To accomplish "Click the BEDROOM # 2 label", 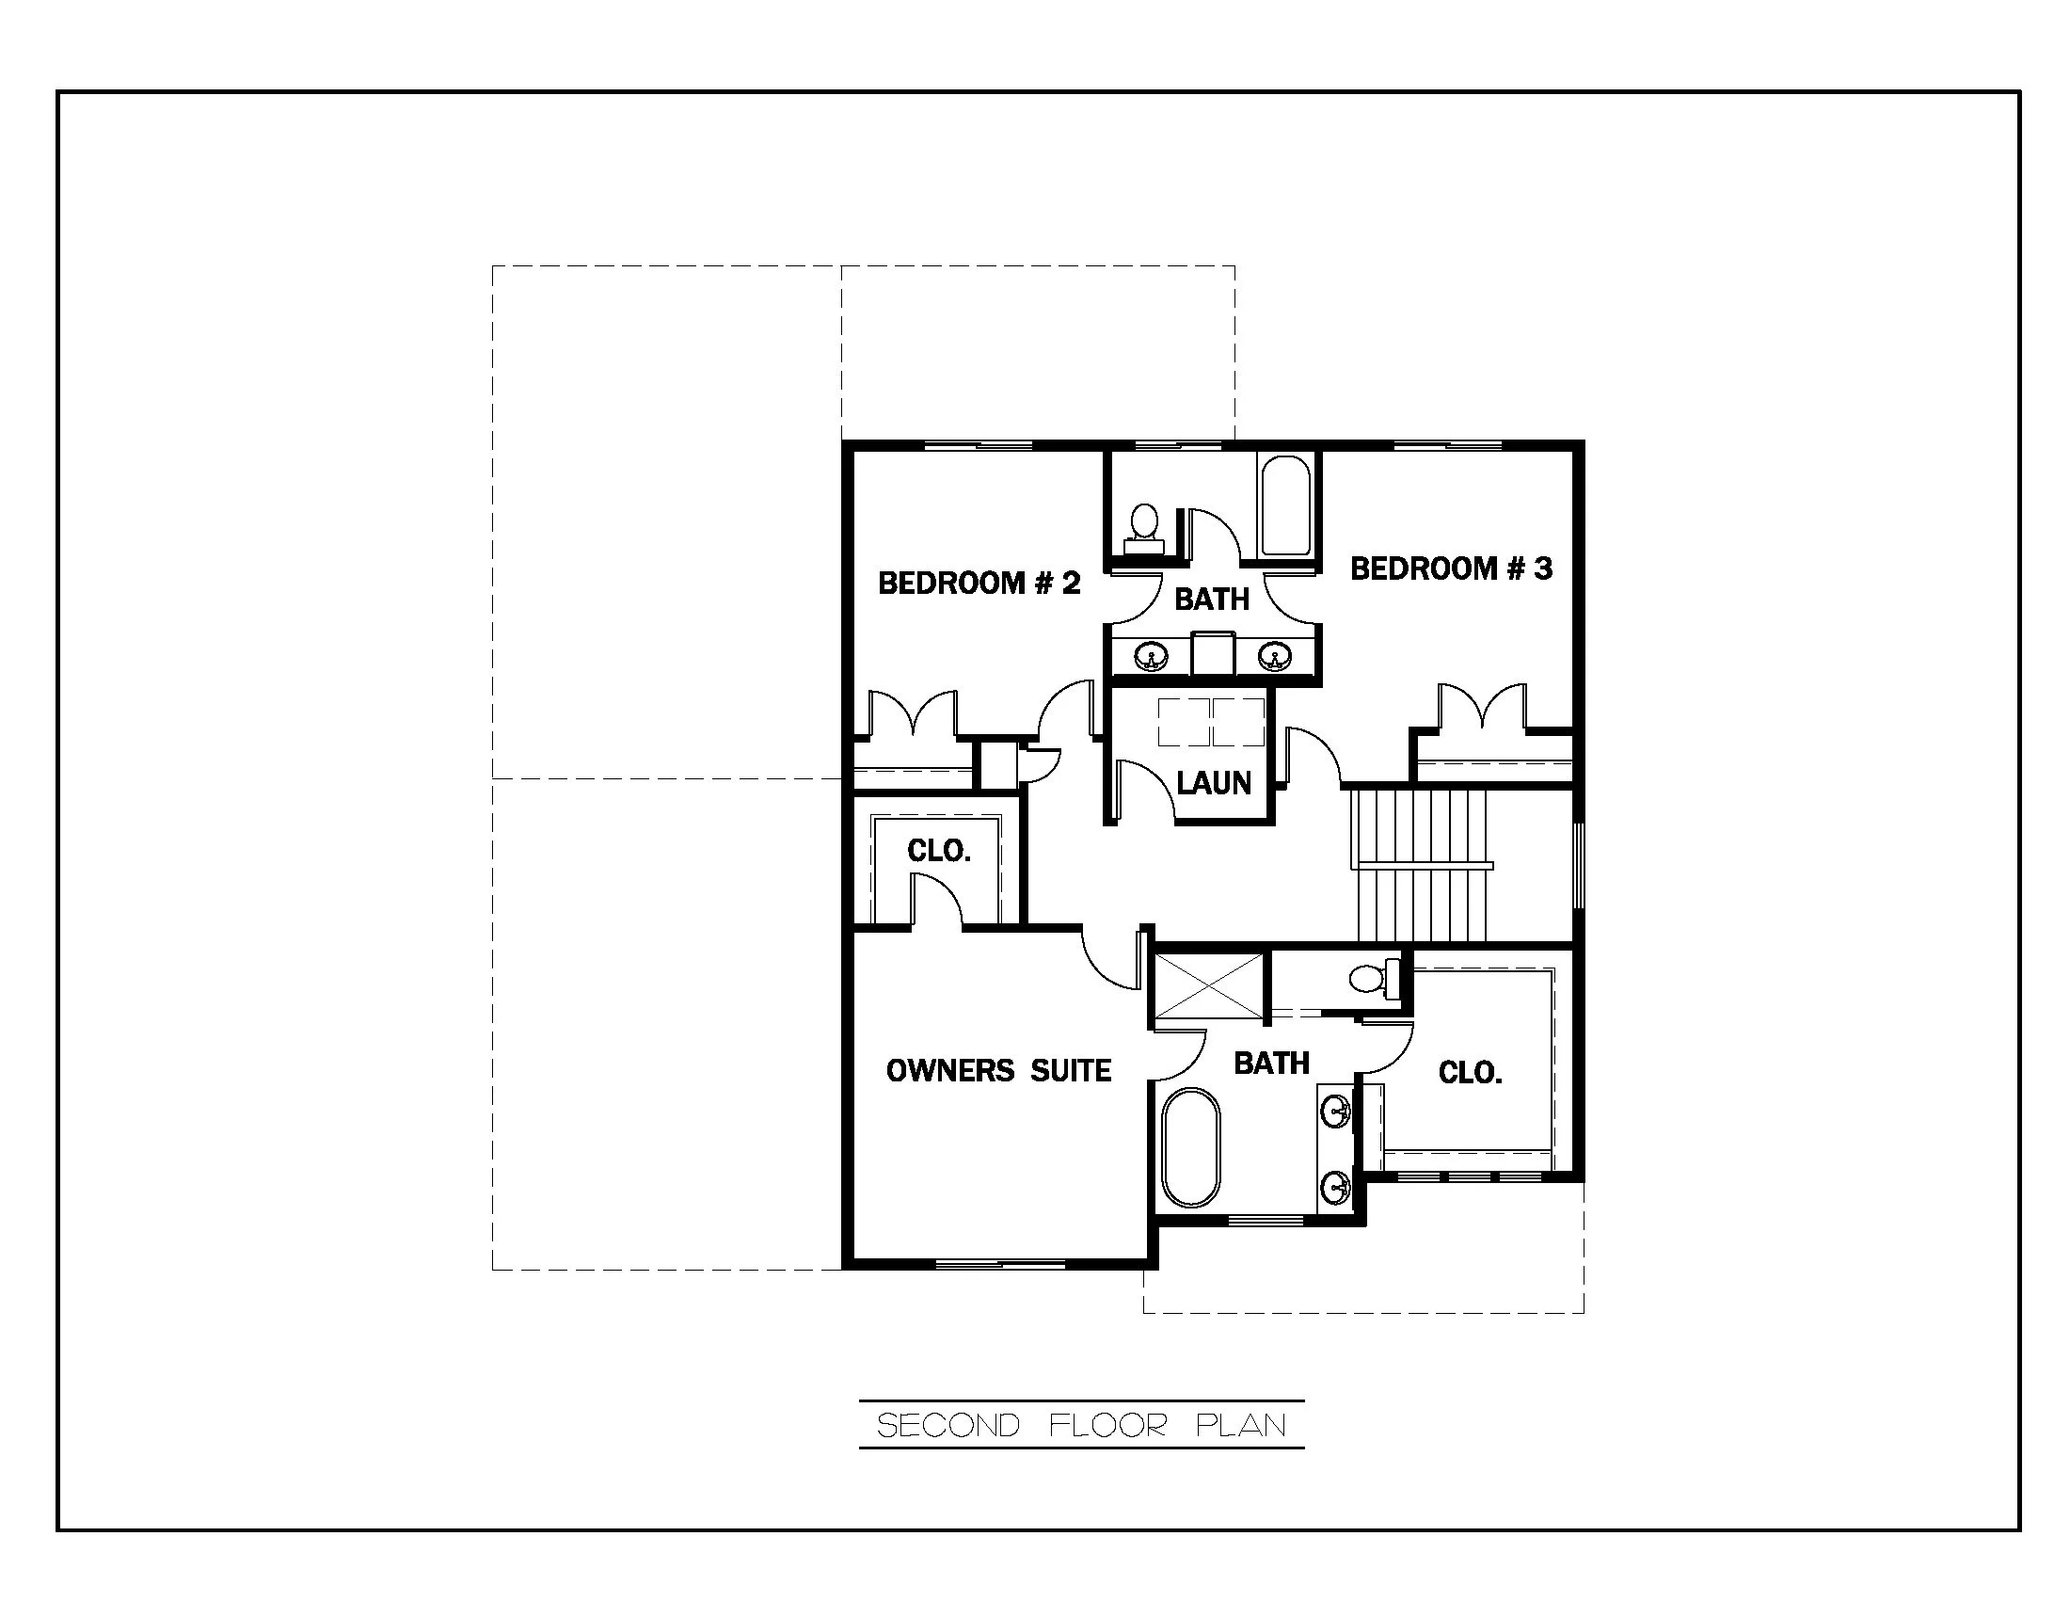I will tap(979, 583).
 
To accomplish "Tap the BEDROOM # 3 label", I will tap(1450, 568).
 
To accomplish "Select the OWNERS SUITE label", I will tap(998, 1071).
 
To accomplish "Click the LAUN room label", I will tap(1213, 783).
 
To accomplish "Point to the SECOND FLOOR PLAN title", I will tap(1080, 1426).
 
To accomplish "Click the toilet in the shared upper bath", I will tap(1144, 527).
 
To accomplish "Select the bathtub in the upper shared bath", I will tap(1286, 506).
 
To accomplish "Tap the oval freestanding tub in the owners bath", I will tap(1191, 1148).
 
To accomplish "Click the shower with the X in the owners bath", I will tap(1208, 986).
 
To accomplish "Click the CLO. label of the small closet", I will tap(938, 851).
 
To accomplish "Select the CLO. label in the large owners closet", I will tap(1469, 1073).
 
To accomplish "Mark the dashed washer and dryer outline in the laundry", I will tap(1211, 722).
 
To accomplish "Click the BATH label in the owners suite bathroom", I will tap(1271, 1064).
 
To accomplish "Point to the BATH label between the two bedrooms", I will tap(1211, 599).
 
